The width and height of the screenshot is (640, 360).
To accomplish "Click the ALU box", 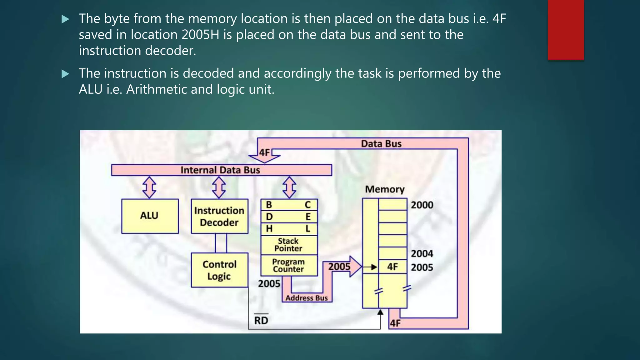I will coord(150,216).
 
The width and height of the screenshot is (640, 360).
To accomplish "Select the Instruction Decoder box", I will coord(219,216).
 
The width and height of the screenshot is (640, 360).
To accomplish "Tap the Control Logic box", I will coord(219,270).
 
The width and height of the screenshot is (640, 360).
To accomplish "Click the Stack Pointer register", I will coord(289,245).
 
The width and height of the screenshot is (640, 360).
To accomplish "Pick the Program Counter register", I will coord(289,265).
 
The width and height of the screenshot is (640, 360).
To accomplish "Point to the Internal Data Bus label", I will coord(220,170).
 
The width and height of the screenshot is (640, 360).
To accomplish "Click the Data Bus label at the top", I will coord(381,144).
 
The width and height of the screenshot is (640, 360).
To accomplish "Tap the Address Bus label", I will coord(306,298).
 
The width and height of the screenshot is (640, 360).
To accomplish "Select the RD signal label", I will coord(261,320).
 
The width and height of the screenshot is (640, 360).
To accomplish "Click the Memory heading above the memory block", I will coord(385,189).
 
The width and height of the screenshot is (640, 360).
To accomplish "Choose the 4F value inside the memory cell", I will coord(392,267).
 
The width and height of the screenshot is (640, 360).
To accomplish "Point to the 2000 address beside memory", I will coord(422,205).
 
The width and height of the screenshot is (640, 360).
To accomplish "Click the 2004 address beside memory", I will coord(422,253).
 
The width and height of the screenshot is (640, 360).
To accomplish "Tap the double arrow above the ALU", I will coord(149,187).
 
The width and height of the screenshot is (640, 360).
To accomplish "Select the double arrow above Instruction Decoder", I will coord(219,187).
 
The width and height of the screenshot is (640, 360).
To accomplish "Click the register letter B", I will coord(269,205).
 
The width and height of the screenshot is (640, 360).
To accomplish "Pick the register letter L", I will coord(308,228).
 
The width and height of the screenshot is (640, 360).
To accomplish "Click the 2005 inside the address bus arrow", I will coord(339,267).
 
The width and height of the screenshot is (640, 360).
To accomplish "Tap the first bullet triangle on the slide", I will coord(65,19).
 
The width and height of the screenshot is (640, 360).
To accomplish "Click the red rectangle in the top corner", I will coord(566,30).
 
